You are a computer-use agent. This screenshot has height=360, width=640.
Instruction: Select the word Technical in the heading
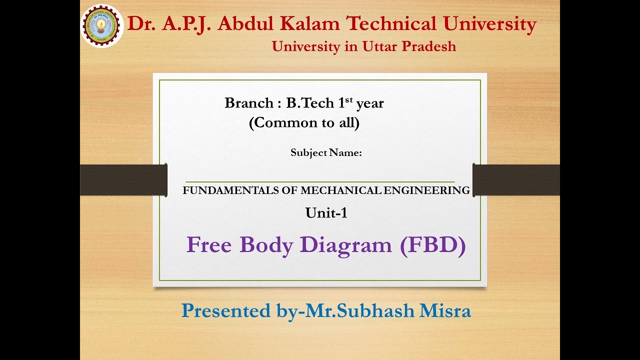click(x=400, y=23)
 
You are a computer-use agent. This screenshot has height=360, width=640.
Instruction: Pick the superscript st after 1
click(x=349, y=100)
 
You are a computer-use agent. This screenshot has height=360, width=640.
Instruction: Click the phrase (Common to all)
click(x=304, y=123)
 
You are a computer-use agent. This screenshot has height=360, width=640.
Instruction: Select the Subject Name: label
click(x=326, y=153)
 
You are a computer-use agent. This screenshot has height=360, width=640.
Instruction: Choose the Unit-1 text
click(x=326, y=213)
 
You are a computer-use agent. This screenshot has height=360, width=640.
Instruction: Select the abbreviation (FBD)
click(x=433, y=245)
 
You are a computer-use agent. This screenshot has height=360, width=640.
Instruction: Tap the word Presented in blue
click(x=226, y=310)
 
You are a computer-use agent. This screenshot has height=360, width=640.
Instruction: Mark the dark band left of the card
click(x=123, y=180)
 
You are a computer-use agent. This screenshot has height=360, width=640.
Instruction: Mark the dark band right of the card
click(x=516, y=180)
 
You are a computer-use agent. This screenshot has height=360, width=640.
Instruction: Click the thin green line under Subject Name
click(x=320, y=182)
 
